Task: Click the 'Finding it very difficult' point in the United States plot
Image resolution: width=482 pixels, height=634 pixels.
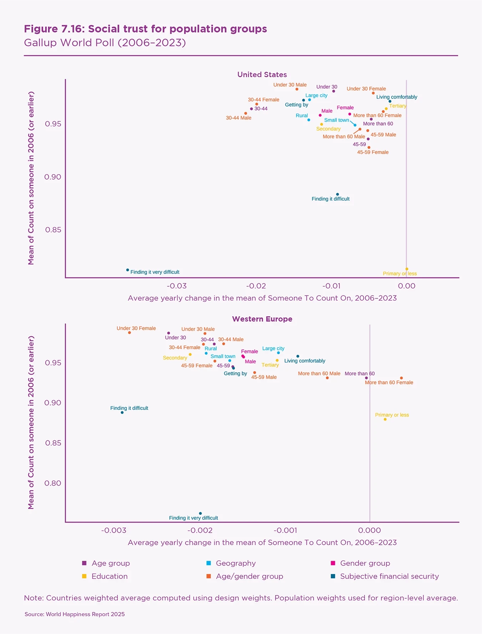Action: click(128, 270)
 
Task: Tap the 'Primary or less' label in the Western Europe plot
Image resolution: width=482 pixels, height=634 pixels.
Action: click(392, 415)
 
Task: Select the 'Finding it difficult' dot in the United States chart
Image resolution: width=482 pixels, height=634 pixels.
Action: click(338, 195)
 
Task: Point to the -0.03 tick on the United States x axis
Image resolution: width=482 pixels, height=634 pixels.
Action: click(177, 286)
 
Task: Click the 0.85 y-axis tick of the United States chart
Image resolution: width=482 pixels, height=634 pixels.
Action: click(53, 230)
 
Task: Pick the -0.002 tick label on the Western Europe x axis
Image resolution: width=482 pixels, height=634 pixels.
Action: click(200, 530)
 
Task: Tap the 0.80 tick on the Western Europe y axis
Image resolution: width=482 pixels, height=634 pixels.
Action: click(53, 483)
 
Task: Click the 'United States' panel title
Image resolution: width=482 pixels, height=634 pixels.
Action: click(262, 75)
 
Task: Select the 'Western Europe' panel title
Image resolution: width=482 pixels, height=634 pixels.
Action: click(262, 319)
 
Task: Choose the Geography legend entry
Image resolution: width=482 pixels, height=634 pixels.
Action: click(235, 563)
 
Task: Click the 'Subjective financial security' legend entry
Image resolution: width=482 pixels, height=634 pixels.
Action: click(389, 577)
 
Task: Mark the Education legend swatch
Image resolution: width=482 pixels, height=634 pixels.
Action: click(84, 577)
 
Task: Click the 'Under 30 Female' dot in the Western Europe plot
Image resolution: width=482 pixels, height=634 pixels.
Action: click(130, 333)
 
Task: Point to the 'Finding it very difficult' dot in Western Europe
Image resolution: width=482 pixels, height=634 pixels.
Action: click(201, 514)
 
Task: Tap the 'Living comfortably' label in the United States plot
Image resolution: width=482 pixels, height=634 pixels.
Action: click(397, 97)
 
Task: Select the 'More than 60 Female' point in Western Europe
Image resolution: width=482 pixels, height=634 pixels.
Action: click(401, 378)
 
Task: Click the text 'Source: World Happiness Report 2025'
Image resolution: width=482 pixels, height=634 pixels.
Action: click(75, 614)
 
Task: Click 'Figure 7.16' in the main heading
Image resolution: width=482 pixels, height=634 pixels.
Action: click(53, 29)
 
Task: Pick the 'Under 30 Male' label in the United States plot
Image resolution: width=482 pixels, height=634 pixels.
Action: click(290, 85)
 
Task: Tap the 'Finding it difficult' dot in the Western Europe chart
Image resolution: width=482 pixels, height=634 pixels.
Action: click(122, 413)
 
